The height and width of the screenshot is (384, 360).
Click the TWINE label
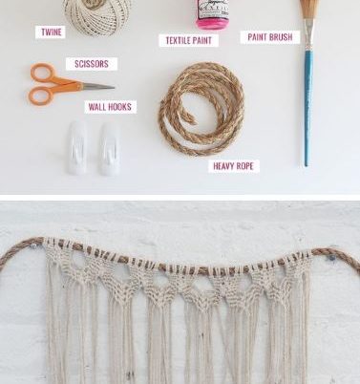[x=51, y=32]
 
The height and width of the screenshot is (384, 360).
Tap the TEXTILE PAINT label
[x=189, y=40]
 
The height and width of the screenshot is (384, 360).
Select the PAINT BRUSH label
[x=270, y=37]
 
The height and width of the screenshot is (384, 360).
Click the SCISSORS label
[x=92, y=64]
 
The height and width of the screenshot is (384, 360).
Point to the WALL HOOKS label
[x=110, y=107]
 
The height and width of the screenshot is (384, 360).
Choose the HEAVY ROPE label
[x=233, y=166]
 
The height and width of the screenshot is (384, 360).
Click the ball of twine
[x=97, y=14]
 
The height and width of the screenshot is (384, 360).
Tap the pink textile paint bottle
[x=212, y=14]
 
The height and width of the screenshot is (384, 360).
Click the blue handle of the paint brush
[x=307, y=108]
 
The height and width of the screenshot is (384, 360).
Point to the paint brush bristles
[x=308, y=9]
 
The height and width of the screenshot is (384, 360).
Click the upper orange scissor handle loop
[x=43, y=74]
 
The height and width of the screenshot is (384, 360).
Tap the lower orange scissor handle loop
[x=40, y=96]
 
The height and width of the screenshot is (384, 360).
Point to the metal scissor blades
[x=97, y=86]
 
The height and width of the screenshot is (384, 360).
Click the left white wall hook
[x=77, y=148]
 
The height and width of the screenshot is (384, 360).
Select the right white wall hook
[x=110, y=149]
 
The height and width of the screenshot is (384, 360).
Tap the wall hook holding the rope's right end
[x=331, y=257]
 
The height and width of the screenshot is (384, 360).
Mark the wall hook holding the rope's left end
[x=33, y=245]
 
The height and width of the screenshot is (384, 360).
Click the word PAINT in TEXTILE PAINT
[x=201, y=40]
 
